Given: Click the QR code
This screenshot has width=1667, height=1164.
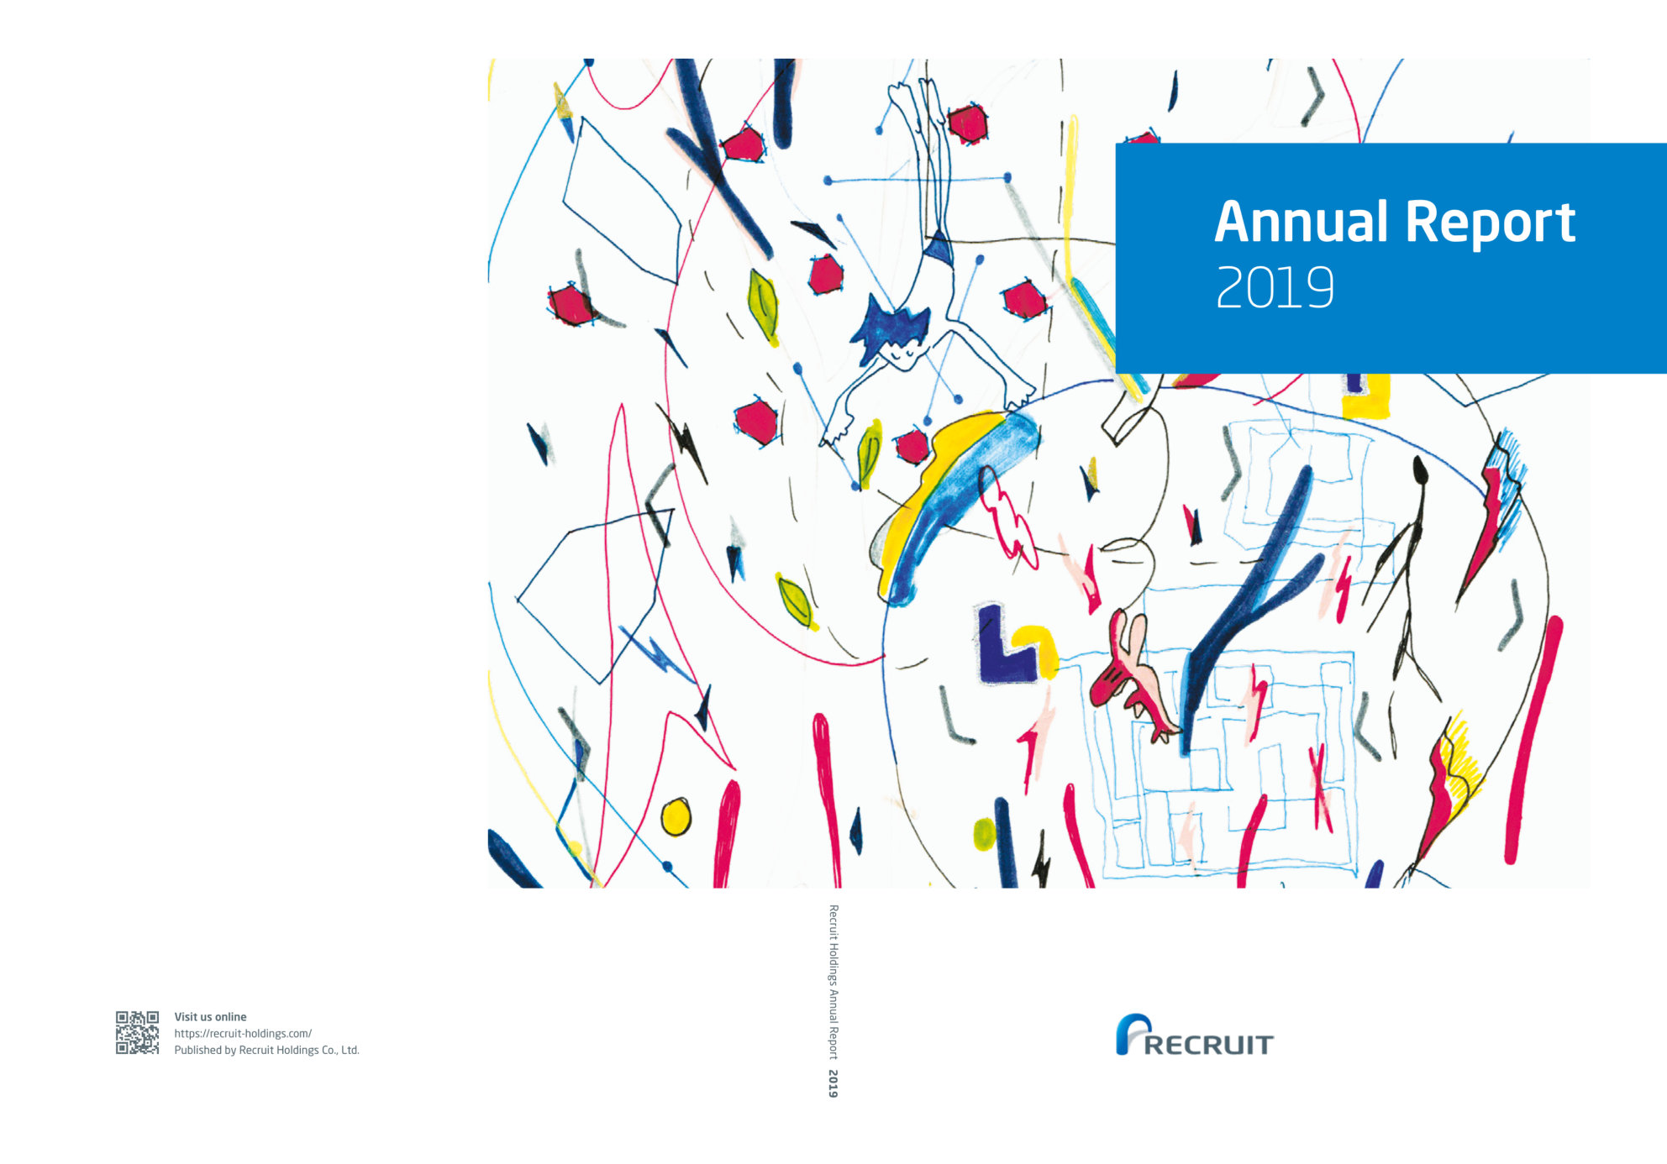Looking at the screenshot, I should (x=137, y=1032).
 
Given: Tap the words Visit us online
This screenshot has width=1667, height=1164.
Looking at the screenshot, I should (x=210, y=1016).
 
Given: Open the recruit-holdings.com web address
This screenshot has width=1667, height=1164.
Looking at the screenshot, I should (x=243, y=1033).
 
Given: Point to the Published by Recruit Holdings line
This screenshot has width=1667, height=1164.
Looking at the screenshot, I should (x=266, y=1050).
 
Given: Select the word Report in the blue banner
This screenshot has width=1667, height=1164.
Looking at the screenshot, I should (x=1490, y=223).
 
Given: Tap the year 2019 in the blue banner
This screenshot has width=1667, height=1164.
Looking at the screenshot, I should (x=1275, y=288).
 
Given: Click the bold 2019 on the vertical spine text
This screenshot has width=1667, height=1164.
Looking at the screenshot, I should (x=833, y=1083).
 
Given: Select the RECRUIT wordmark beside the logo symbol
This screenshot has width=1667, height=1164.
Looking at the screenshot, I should (x=1208, y=1045).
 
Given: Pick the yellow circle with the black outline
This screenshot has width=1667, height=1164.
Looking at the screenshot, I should (x=676, y=816).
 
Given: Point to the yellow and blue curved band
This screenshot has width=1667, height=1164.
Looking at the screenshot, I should (x=949, y=495).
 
